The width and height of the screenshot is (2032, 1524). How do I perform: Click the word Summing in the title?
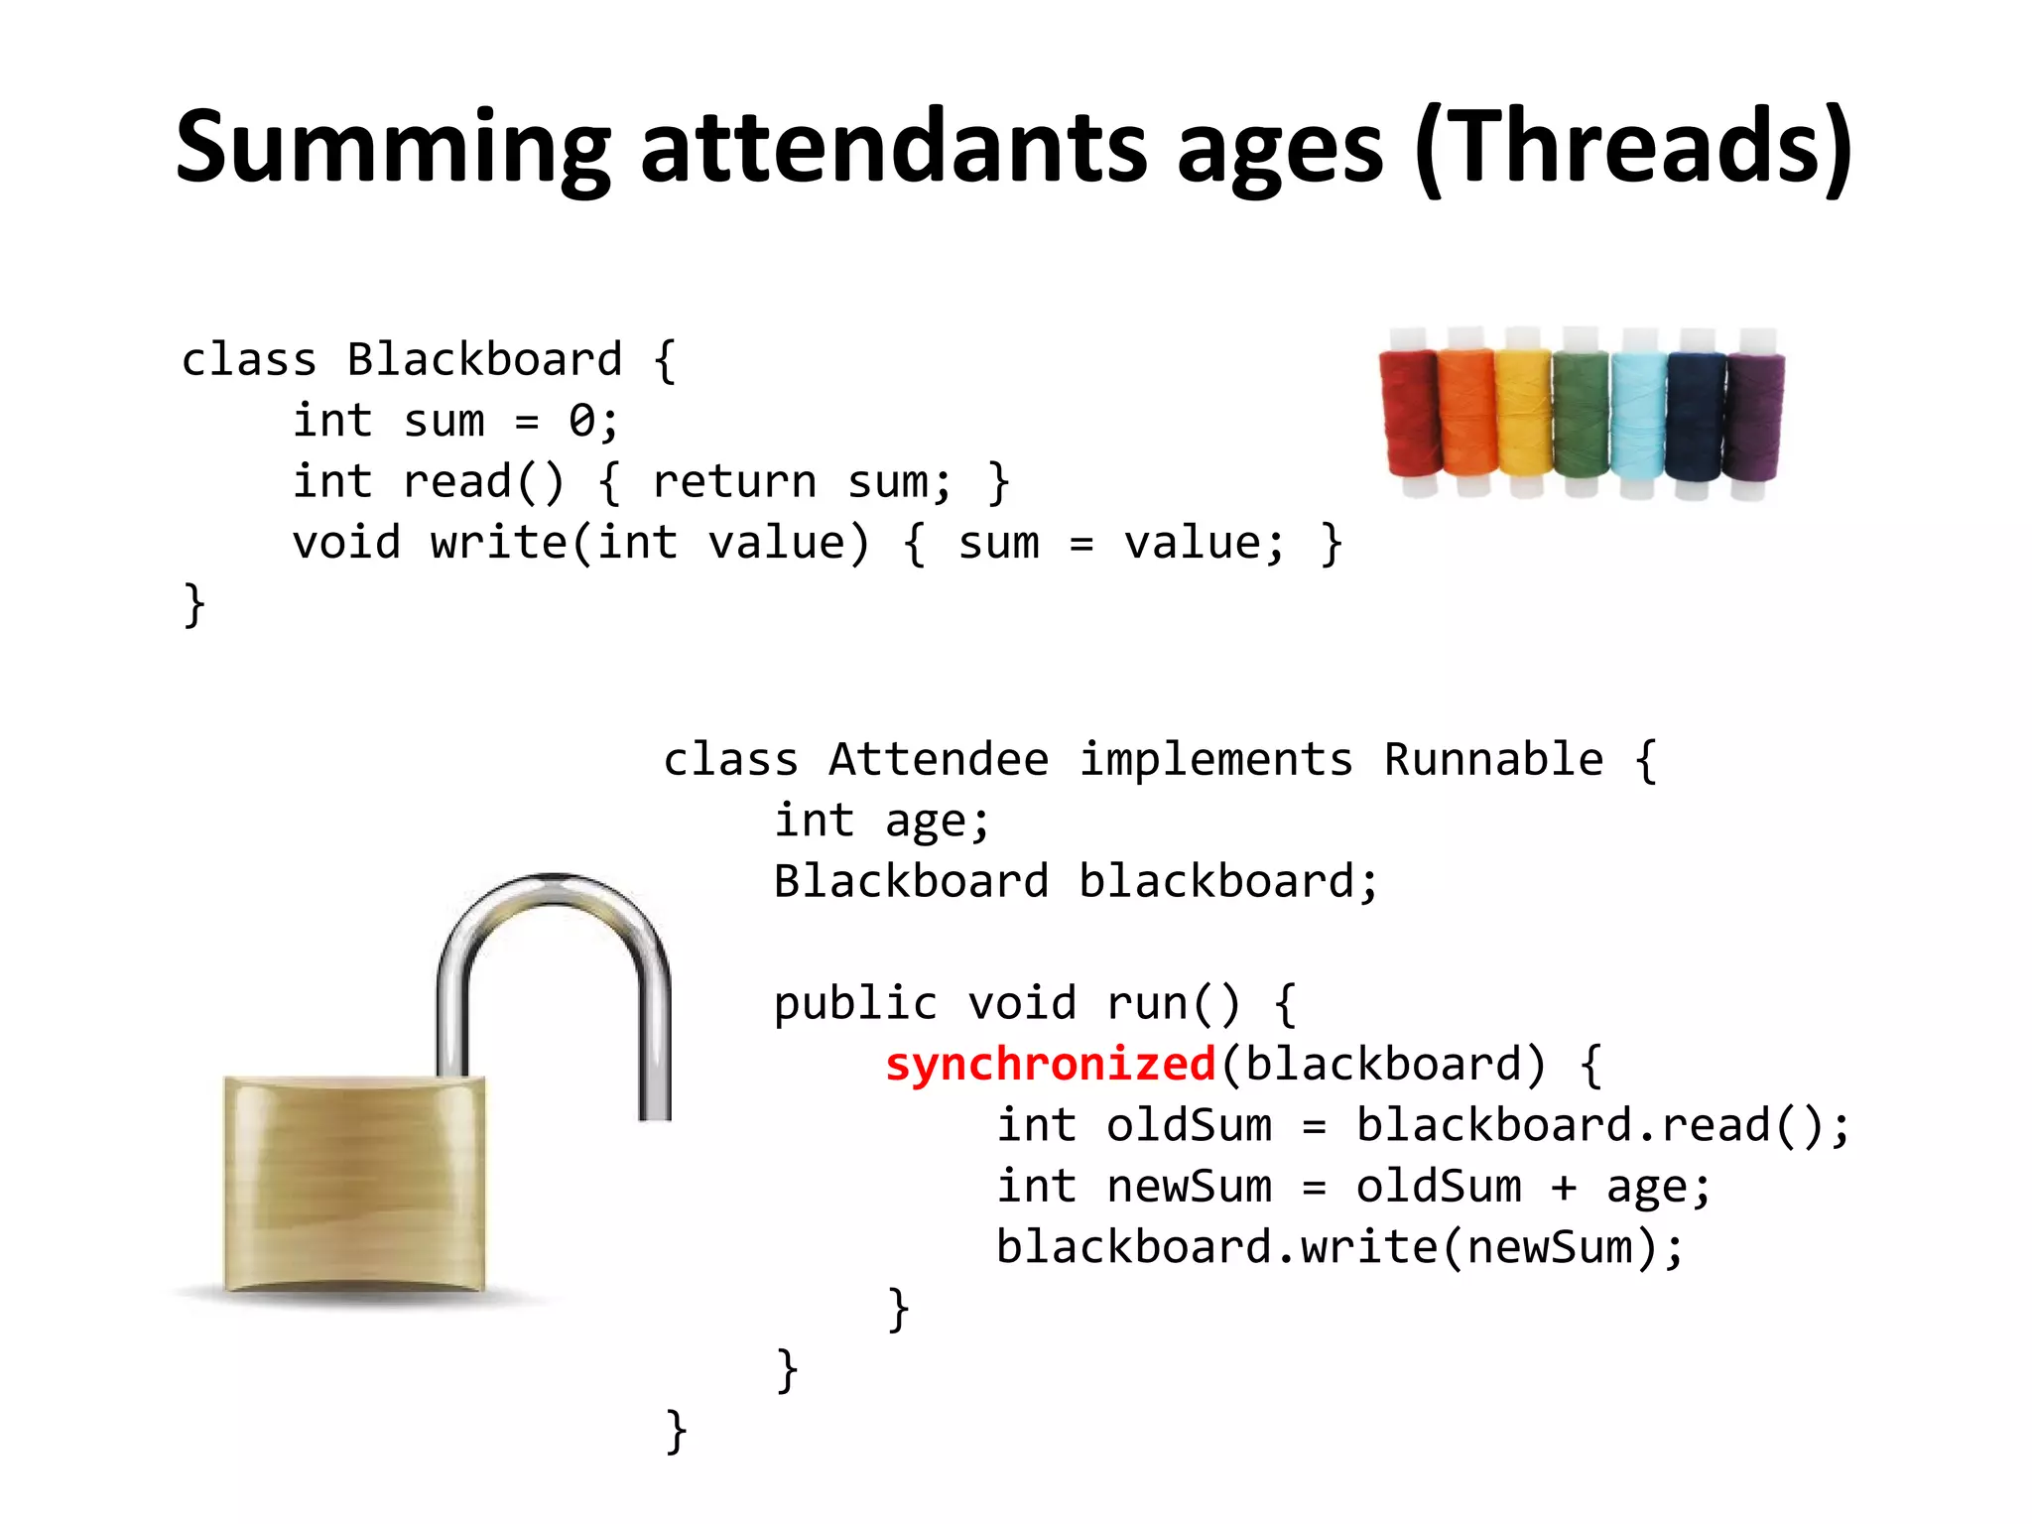[392, 149]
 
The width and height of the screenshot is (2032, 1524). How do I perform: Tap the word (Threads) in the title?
[1633, 149]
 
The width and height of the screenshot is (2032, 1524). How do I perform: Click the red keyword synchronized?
[1050, 1065]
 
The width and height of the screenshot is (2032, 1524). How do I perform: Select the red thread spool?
[1409, 412]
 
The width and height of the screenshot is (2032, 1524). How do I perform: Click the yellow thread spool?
[1523, 412]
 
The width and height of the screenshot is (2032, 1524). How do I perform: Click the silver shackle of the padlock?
[556, 952]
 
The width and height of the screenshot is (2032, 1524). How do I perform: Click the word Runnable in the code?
[1492, 760]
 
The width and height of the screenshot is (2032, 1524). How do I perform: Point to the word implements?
[1215, 760]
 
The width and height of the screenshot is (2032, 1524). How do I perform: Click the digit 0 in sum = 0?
[581, 422]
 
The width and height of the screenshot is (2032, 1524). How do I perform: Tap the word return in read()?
[734, 482]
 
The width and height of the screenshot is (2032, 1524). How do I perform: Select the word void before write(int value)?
[346, 544]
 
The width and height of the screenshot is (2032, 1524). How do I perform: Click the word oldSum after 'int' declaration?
[1189, 1126]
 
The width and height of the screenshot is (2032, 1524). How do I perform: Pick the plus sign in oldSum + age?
[1564, 1188]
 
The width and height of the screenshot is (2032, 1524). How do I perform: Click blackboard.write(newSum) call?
[1339, 1248]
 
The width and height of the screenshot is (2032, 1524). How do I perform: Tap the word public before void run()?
[855, 1004]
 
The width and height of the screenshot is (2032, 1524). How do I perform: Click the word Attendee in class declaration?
[938, 760]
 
